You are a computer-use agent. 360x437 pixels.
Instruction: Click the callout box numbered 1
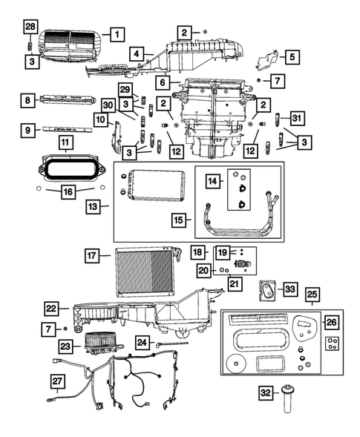point(117,33)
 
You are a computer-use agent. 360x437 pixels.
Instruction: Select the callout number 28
point(29,27)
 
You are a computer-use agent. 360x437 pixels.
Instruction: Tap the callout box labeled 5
point(292,56)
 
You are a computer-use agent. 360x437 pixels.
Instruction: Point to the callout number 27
point(58,381)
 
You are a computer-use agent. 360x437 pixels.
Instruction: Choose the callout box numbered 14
point(213,181)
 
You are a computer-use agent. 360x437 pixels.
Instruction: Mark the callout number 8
point(29,99)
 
